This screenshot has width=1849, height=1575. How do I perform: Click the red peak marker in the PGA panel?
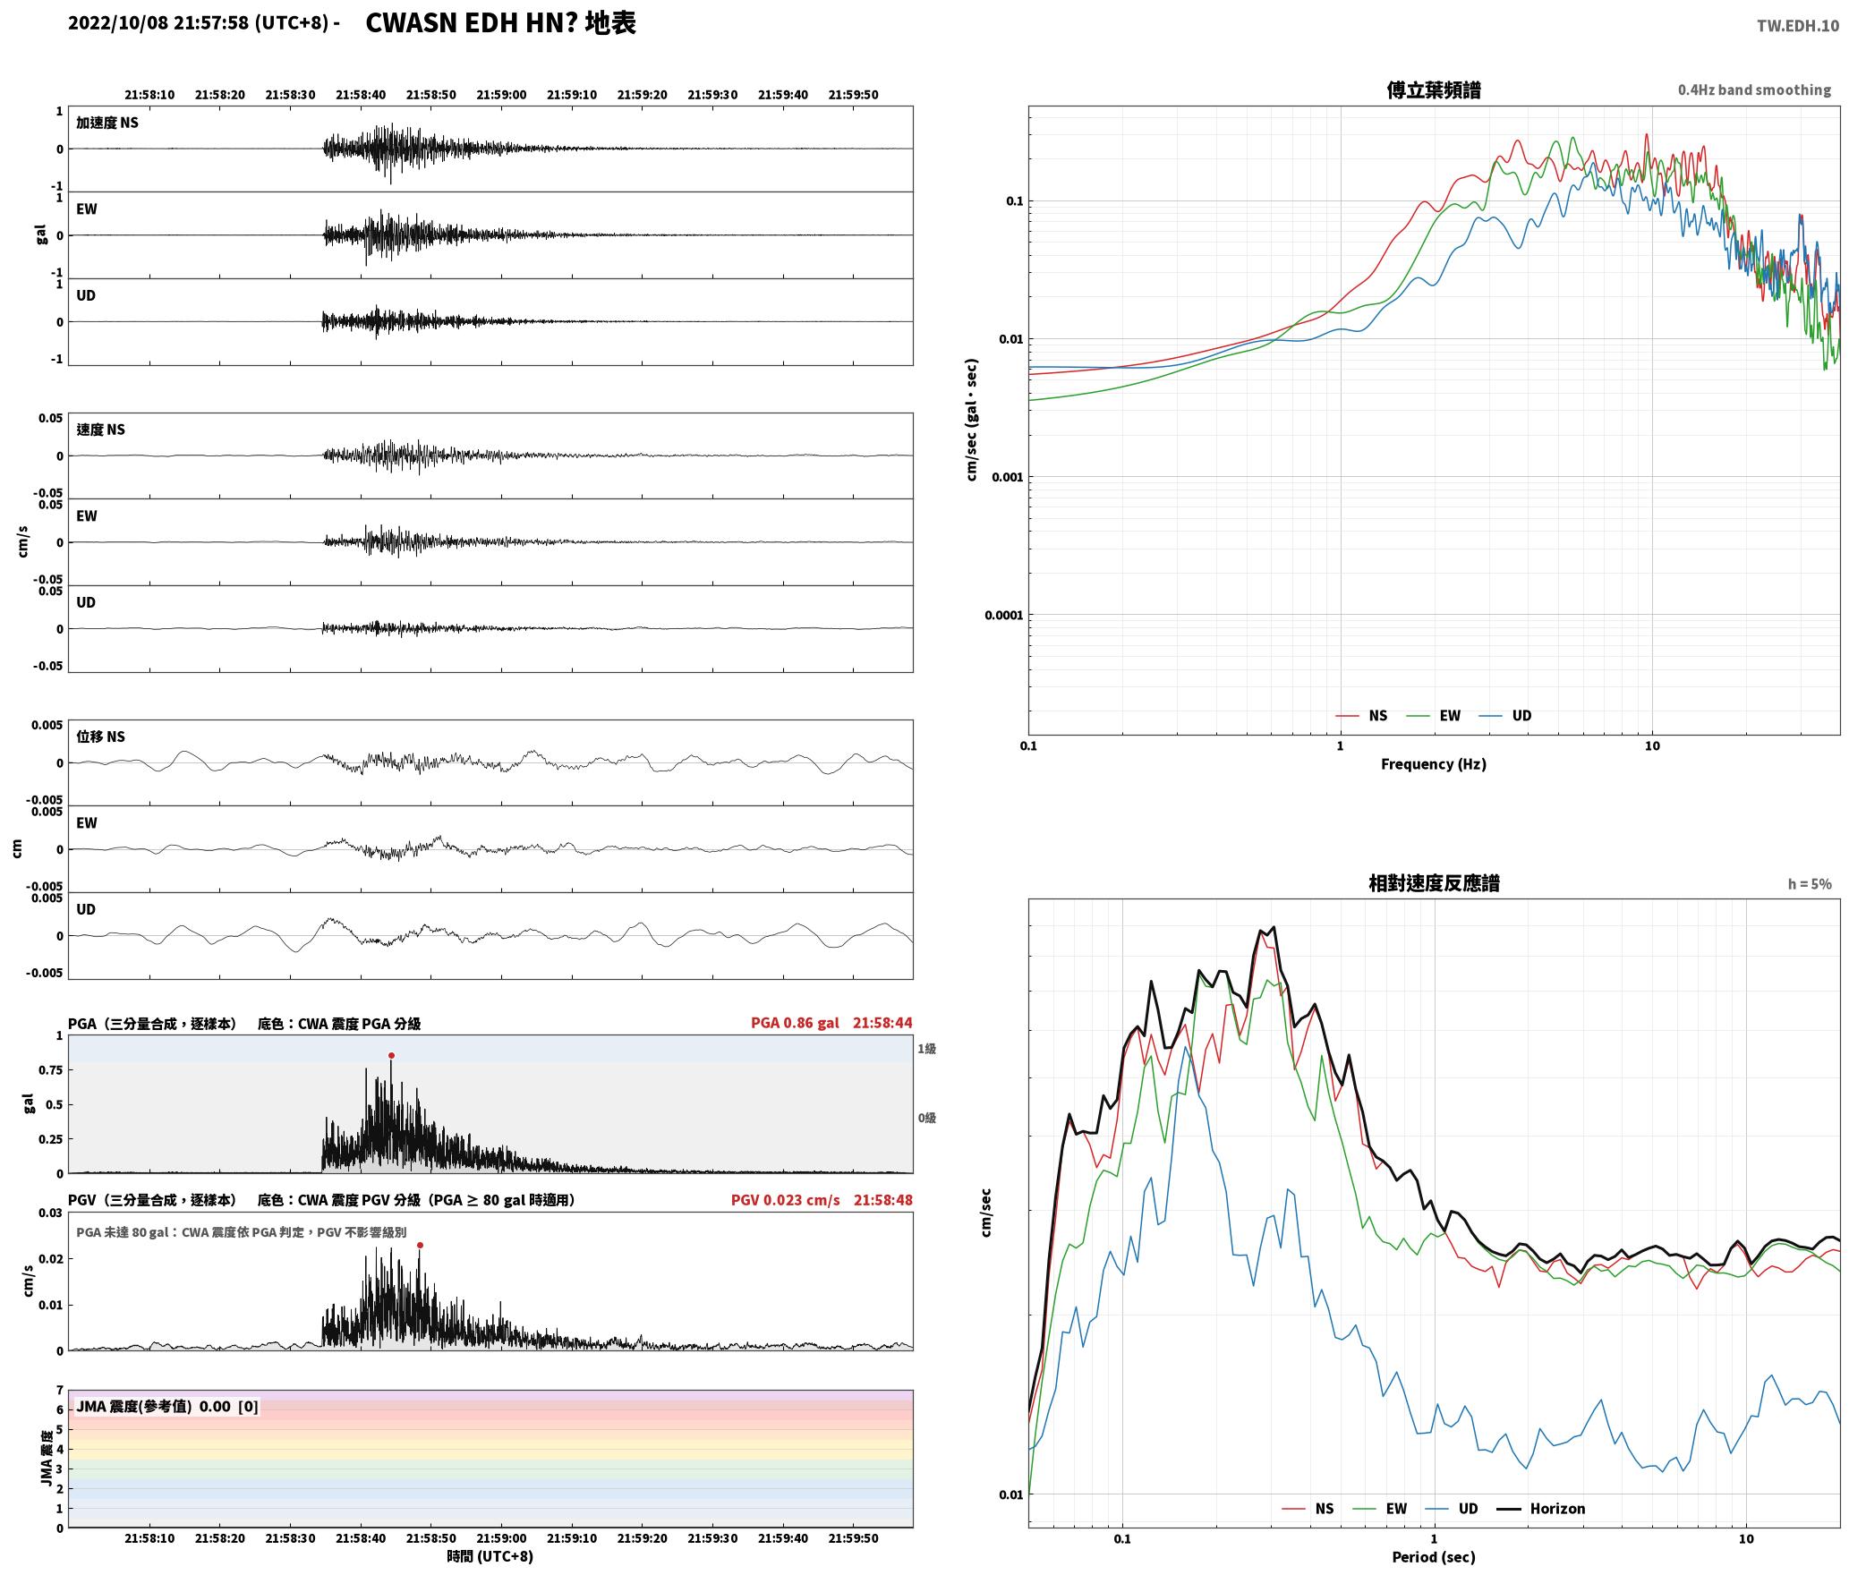pos(391,1056)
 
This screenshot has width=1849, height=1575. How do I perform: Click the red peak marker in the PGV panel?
pos(420,1246)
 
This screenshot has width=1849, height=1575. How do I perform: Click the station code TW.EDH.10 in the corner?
pos(1798,26)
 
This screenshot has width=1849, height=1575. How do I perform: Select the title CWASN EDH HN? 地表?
pos(501,23)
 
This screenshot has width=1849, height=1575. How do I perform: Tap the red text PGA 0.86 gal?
pos(795,1023)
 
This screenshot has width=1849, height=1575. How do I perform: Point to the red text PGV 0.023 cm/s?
pos(785,1200)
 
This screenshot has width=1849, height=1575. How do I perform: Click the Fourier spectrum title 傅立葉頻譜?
pos(1434,90)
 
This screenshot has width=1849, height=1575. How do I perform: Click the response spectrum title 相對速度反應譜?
pos(1434,883)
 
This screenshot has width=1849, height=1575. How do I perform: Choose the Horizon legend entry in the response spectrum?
pos(1540,1509)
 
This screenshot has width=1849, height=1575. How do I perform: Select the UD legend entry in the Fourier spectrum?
pos(1505,716)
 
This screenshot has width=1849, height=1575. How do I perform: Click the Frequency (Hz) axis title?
pos(1434,764)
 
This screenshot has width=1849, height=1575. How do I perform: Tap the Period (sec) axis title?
pos(1434,1557)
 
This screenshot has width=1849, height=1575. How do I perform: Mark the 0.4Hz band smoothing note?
pos(1754,90)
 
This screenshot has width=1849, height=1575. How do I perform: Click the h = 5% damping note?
pos(1810,884)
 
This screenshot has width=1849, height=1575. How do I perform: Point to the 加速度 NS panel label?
pos(107,123)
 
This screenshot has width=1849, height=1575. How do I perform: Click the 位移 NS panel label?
pos(100,736)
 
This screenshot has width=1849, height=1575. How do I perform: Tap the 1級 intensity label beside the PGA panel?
pos(926,1049)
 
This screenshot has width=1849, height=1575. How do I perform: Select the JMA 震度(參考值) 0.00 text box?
pos(167,1407)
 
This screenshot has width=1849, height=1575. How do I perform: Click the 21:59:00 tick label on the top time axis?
pos(501,95)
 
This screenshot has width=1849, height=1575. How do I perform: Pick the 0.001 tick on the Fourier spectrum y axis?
pos(1007,477)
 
